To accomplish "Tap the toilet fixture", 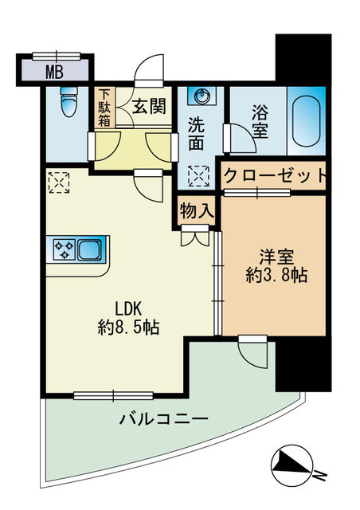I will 67,99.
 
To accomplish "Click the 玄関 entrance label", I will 148,104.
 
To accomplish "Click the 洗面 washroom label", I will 200,135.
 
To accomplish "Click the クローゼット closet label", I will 274,175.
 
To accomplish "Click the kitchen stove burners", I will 63,249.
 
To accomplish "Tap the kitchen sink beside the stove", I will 89,249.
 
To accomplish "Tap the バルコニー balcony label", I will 165,418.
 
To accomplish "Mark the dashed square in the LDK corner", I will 59,183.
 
